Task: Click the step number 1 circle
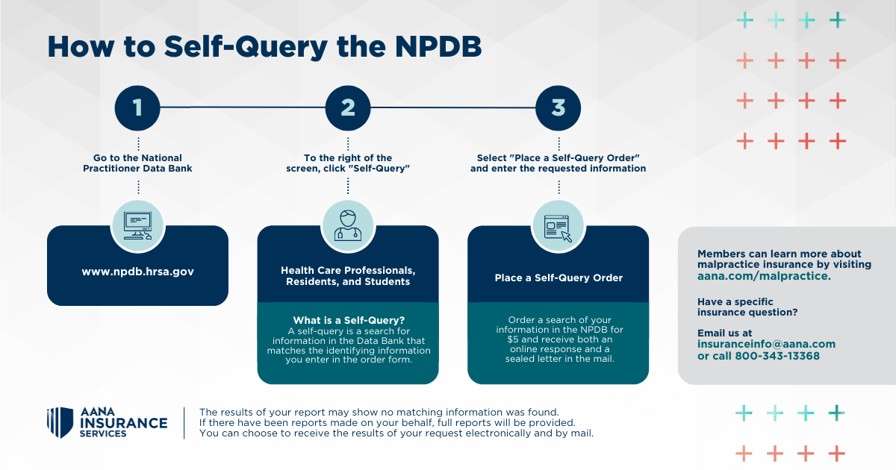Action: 137,107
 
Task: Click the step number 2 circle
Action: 348,107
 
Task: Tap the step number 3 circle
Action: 559,107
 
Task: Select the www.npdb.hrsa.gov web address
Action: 137,272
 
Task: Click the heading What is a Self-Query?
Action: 348,321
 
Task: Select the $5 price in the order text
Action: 510,339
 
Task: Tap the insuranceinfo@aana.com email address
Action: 766,344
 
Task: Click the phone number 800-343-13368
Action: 777,356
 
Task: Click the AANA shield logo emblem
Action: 60,423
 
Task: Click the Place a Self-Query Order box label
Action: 559,278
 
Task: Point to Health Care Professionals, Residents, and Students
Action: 348,276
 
